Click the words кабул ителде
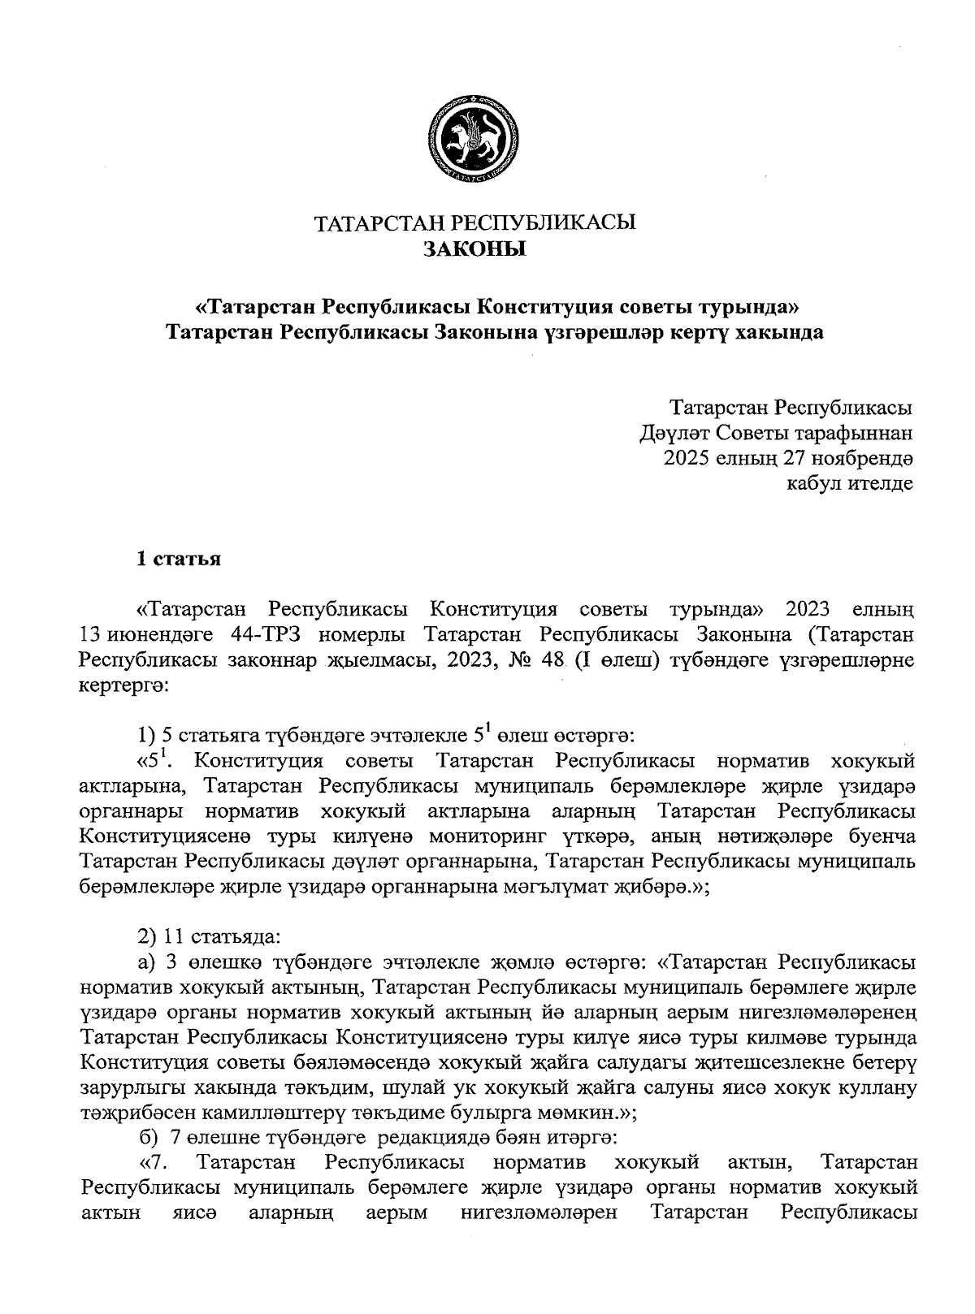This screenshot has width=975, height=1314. click(x=851, y=484)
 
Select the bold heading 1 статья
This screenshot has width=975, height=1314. click(x=179, y=560)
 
